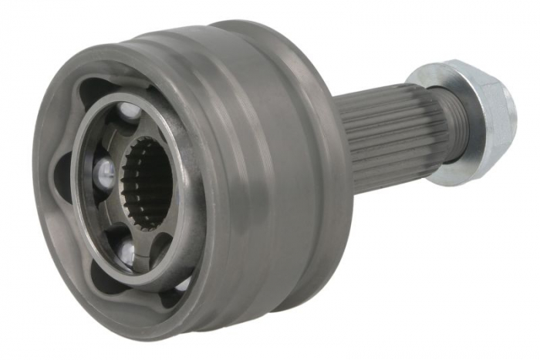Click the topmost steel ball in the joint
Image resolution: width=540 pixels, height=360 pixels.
130,113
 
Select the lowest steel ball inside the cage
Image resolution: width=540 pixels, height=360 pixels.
126,248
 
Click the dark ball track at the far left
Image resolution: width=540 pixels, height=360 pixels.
63,177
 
